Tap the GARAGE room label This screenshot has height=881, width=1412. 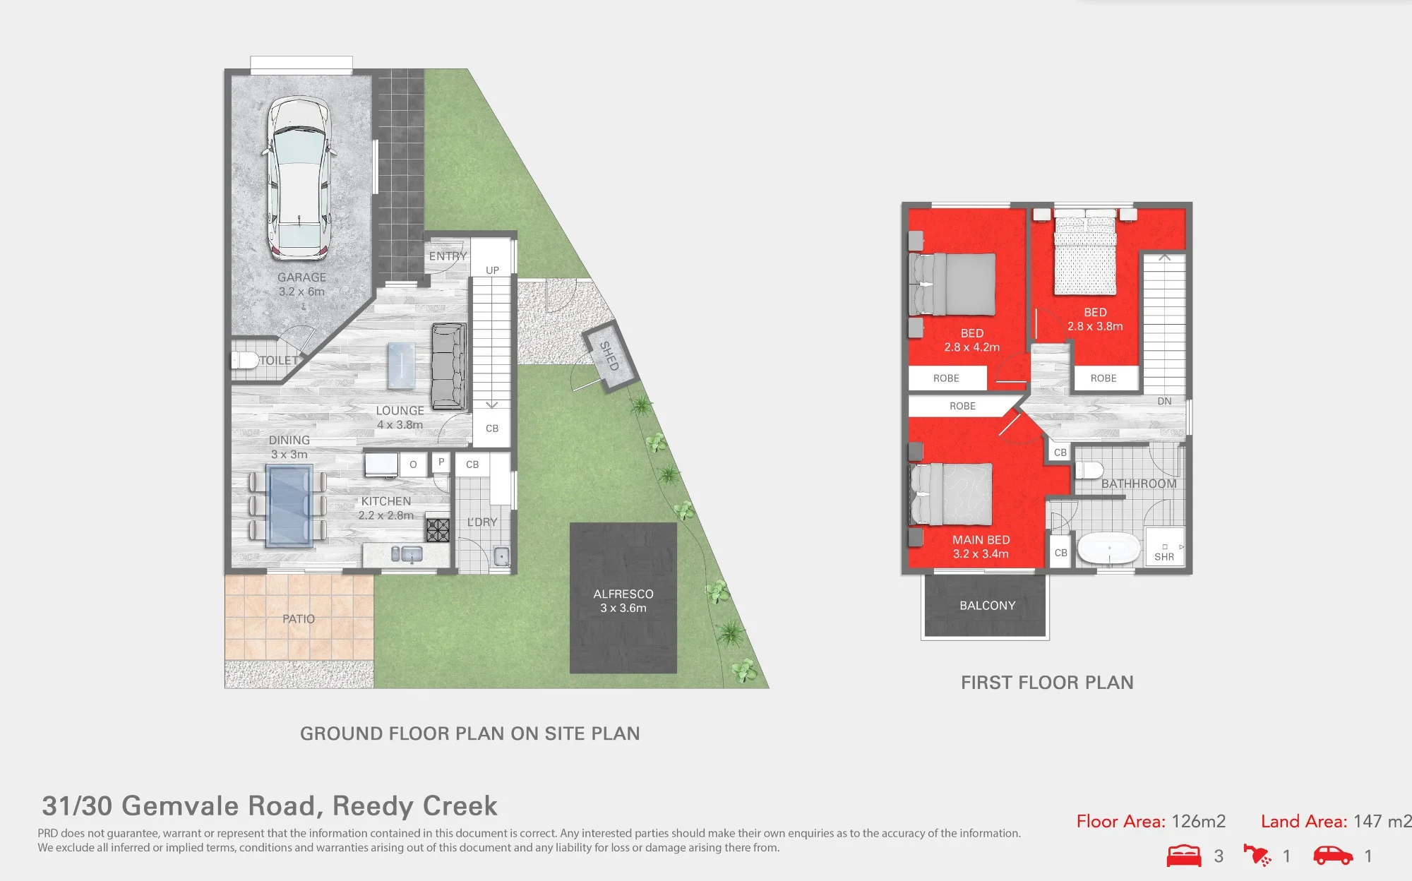pos(301,277)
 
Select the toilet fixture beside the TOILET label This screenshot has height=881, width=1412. pos(244,360)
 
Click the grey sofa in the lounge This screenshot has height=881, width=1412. pos(449,366)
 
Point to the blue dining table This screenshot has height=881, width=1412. pos(289,506)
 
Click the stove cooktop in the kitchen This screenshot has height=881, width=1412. pos(438,529)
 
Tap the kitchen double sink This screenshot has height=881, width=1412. pos(407,554)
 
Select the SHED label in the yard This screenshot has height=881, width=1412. pos(609,356)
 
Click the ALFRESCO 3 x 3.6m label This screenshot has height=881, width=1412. pos(623,601)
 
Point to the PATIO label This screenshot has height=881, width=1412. pos(299,619)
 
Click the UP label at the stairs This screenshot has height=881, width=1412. pos(493,270)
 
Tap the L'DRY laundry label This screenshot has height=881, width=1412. pos(482,522)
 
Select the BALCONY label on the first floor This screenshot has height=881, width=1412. pos(988,606)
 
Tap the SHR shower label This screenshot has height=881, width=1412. pos(1164,557)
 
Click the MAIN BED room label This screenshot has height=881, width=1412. pos(981,540)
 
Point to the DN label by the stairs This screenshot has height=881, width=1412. pos(1164,401)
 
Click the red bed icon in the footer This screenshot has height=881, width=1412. pos(1184,856)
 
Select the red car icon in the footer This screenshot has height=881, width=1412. pos(1333,856)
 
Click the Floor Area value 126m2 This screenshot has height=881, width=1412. pos(1199,822)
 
